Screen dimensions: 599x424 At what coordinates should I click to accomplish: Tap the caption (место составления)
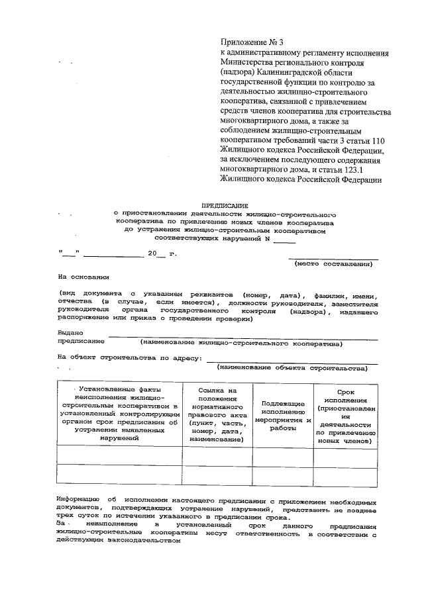[333, 263]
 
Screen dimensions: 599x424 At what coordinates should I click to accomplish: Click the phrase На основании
[83, 278]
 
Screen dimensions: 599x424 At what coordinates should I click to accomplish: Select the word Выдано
[70, 333]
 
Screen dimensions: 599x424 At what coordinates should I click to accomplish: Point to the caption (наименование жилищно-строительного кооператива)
[241, 344]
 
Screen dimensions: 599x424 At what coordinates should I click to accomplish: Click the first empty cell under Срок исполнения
[347, 455]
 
